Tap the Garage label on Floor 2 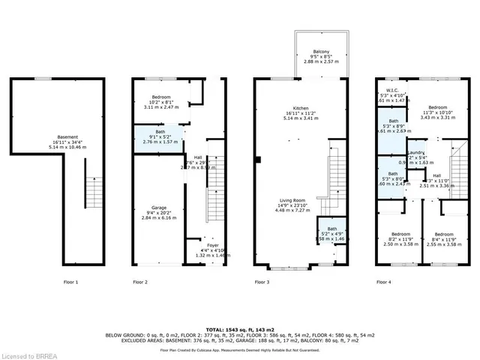(157, 208)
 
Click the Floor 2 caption (140, 282)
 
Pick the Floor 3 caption (262, 282)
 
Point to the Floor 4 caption (383, 282)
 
